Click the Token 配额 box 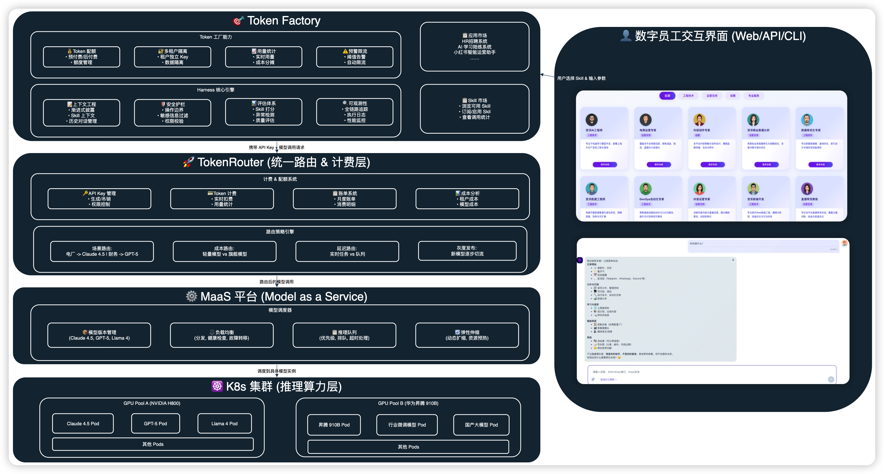81,57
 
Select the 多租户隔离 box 173,57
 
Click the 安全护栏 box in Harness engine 173,113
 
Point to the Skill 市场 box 474,109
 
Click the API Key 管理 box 99,199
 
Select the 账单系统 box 344,199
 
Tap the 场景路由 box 102,251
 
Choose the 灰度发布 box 467,251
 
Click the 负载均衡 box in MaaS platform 222,335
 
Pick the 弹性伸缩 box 467,335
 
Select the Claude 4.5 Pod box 83,424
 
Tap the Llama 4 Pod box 225,424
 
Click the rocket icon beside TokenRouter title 188,162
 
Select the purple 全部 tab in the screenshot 667,96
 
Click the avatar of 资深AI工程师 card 591,120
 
